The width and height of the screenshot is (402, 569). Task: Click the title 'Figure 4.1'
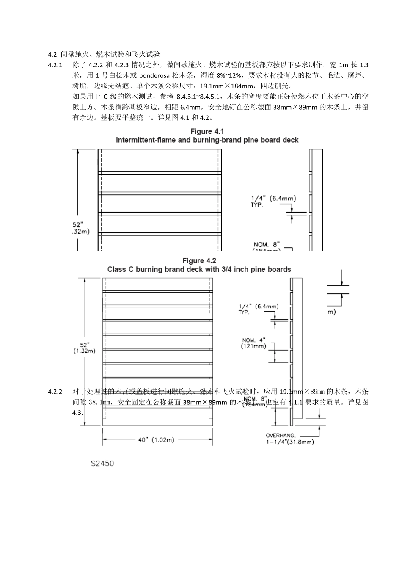tap(207, 131)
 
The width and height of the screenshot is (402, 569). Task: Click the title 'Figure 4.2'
tap(199, 260)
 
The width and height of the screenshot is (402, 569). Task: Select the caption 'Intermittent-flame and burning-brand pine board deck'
tap(207, 140)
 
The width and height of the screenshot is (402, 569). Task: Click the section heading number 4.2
tap(52, 55)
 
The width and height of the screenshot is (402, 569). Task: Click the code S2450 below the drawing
tap(102, 463)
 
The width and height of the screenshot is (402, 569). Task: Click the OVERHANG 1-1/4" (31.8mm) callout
tap(289, 439)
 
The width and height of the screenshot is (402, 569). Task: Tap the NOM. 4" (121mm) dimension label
tap(254, 343)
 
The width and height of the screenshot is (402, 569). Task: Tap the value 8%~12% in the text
tap(231, 76)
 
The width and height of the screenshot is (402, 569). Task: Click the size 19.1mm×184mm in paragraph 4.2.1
tap(228, 86)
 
